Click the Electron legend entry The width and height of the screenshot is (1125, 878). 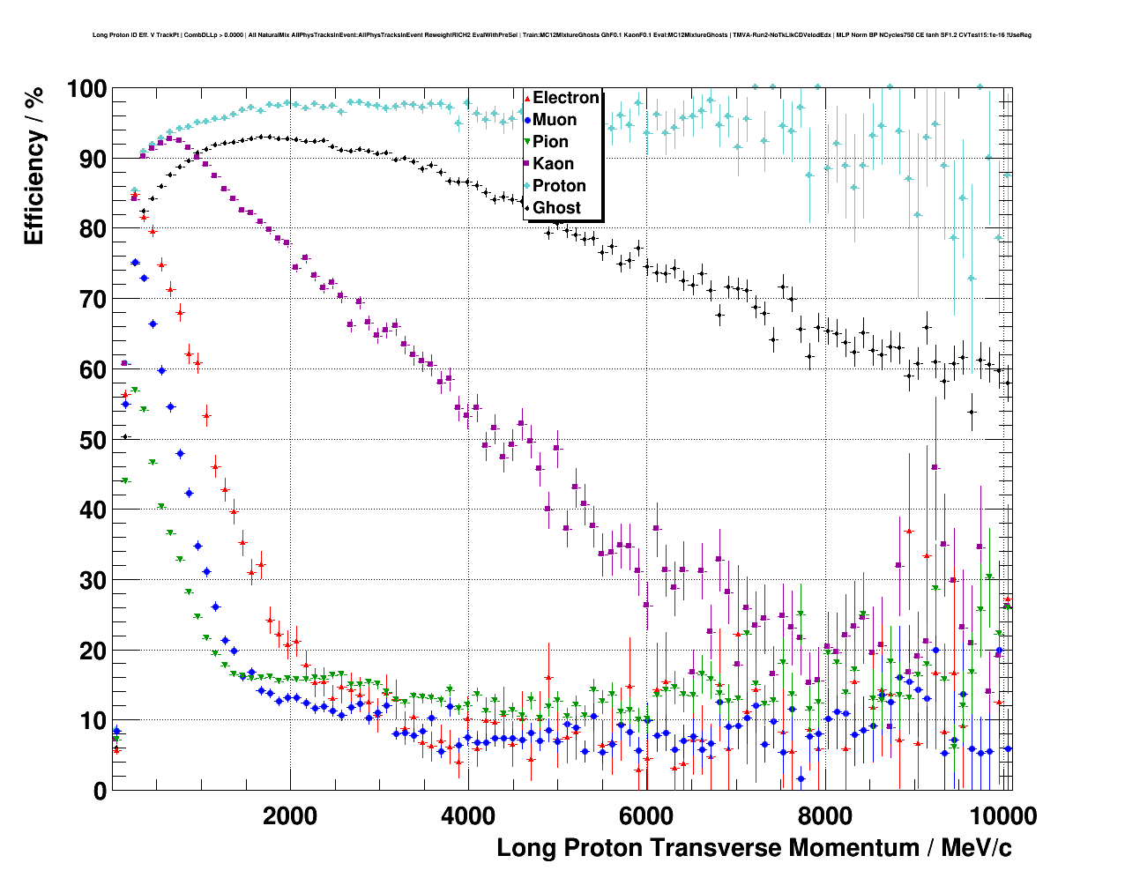(x=565, y=98)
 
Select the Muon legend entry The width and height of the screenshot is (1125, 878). (x=554, y=120)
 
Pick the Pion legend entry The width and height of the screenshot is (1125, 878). (x=550, y=142)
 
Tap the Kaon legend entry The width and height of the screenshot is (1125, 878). (x=553, y=164)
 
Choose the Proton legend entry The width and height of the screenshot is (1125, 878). (x=559, y=186)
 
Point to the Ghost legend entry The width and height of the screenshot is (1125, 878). (x=556, y=208)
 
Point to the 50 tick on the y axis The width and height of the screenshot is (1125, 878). (x=93, y=440)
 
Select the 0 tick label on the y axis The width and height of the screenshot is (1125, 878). (x=100, y=791)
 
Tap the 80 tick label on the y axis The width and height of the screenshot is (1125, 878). (x=93, y=229)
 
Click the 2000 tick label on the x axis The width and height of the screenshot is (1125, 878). (x=289, y=815)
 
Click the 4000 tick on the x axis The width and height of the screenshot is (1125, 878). (x=467, y=815)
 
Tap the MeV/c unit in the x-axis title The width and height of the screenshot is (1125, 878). (x=976, y=848)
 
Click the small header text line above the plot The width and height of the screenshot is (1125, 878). (x=562, y=35)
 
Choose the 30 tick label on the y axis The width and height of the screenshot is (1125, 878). (x=93, y=580)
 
